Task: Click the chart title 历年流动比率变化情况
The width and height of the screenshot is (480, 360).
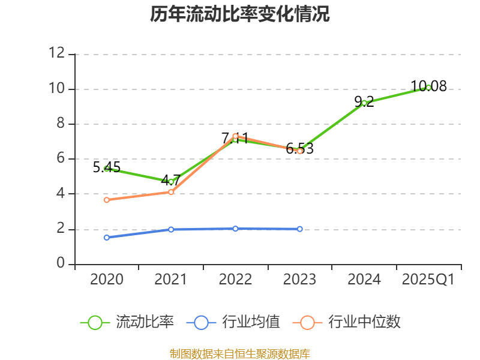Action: [x=240, y=14]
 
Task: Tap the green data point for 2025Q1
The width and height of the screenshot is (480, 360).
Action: [x=428, y=88]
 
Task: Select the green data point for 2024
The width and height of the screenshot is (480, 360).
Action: [x=364, y=103]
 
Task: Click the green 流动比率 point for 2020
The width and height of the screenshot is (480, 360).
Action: [x=107, y=169]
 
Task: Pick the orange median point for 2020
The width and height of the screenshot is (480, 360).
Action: [x=107, y=200]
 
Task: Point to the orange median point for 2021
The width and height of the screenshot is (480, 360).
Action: [x=171, y=192]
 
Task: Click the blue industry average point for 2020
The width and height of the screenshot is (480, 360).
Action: [x=107, y=238]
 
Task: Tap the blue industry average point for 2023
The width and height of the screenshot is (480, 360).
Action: [x=300, y=229]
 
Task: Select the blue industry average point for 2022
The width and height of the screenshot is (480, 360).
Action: [x=235, y=229]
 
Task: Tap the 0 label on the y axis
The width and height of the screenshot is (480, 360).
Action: [x=61, y=263]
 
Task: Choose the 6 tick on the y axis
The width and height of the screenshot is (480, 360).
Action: [x=61, y=158]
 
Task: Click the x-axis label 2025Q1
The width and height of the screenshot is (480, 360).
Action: [x=428, y=280]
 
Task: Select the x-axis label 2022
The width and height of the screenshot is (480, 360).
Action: [x=235, y=280]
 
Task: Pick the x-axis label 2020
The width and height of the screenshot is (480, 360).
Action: [x=107, y=280]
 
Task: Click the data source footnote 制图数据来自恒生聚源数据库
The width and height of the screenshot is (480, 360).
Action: [x=240, y=353]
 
